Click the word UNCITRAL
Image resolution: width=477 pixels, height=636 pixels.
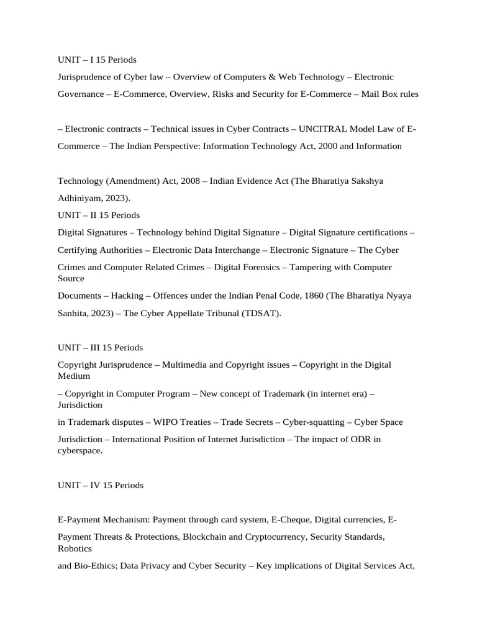click(322, 129)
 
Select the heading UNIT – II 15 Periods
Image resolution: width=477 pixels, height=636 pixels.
click(99, 215)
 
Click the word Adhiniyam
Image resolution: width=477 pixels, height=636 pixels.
click(79, 198)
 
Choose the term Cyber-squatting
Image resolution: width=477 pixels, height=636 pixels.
click(314, 422)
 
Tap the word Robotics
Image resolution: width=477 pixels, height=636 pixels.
click(75, 548)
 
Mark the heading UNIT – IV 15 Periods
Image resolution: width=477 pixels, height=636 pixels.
click(101, 485)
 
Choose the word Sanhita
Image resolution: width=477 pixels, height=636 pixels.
click(73, 314)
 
